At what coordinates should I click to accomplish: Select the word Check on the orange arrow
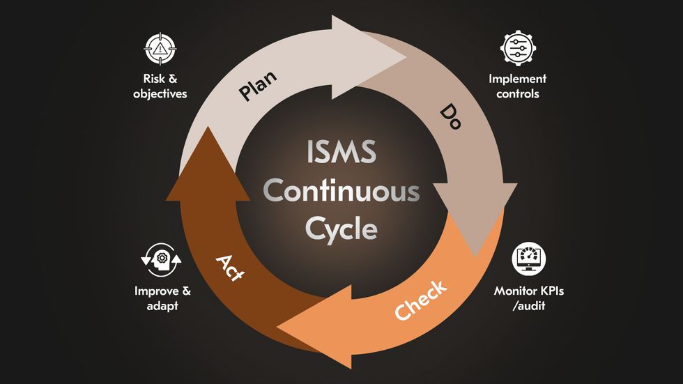[421, 301]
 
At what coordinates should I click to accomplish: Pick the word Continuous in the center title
[341, 191]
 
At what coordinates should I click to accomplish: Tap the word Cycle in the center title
[341, 228]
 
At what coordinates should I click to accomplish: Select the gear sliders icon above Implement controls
[518, 48]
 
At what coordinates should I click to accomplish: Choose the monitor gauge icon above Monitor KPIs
[529, 259]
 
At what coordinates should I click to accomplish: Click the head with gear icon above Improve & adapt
[161, 259]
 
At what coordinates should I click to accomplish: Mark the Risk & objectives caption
[160, 86]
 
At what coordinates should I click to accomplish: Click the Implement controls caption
[518, 86]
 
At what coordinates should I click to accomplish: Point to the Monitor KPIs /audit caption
[529, 297]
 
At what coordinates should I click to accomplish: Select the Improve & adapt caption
[162, 297]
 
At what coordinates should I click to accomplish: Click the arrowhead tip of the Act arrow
[206, 130]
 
